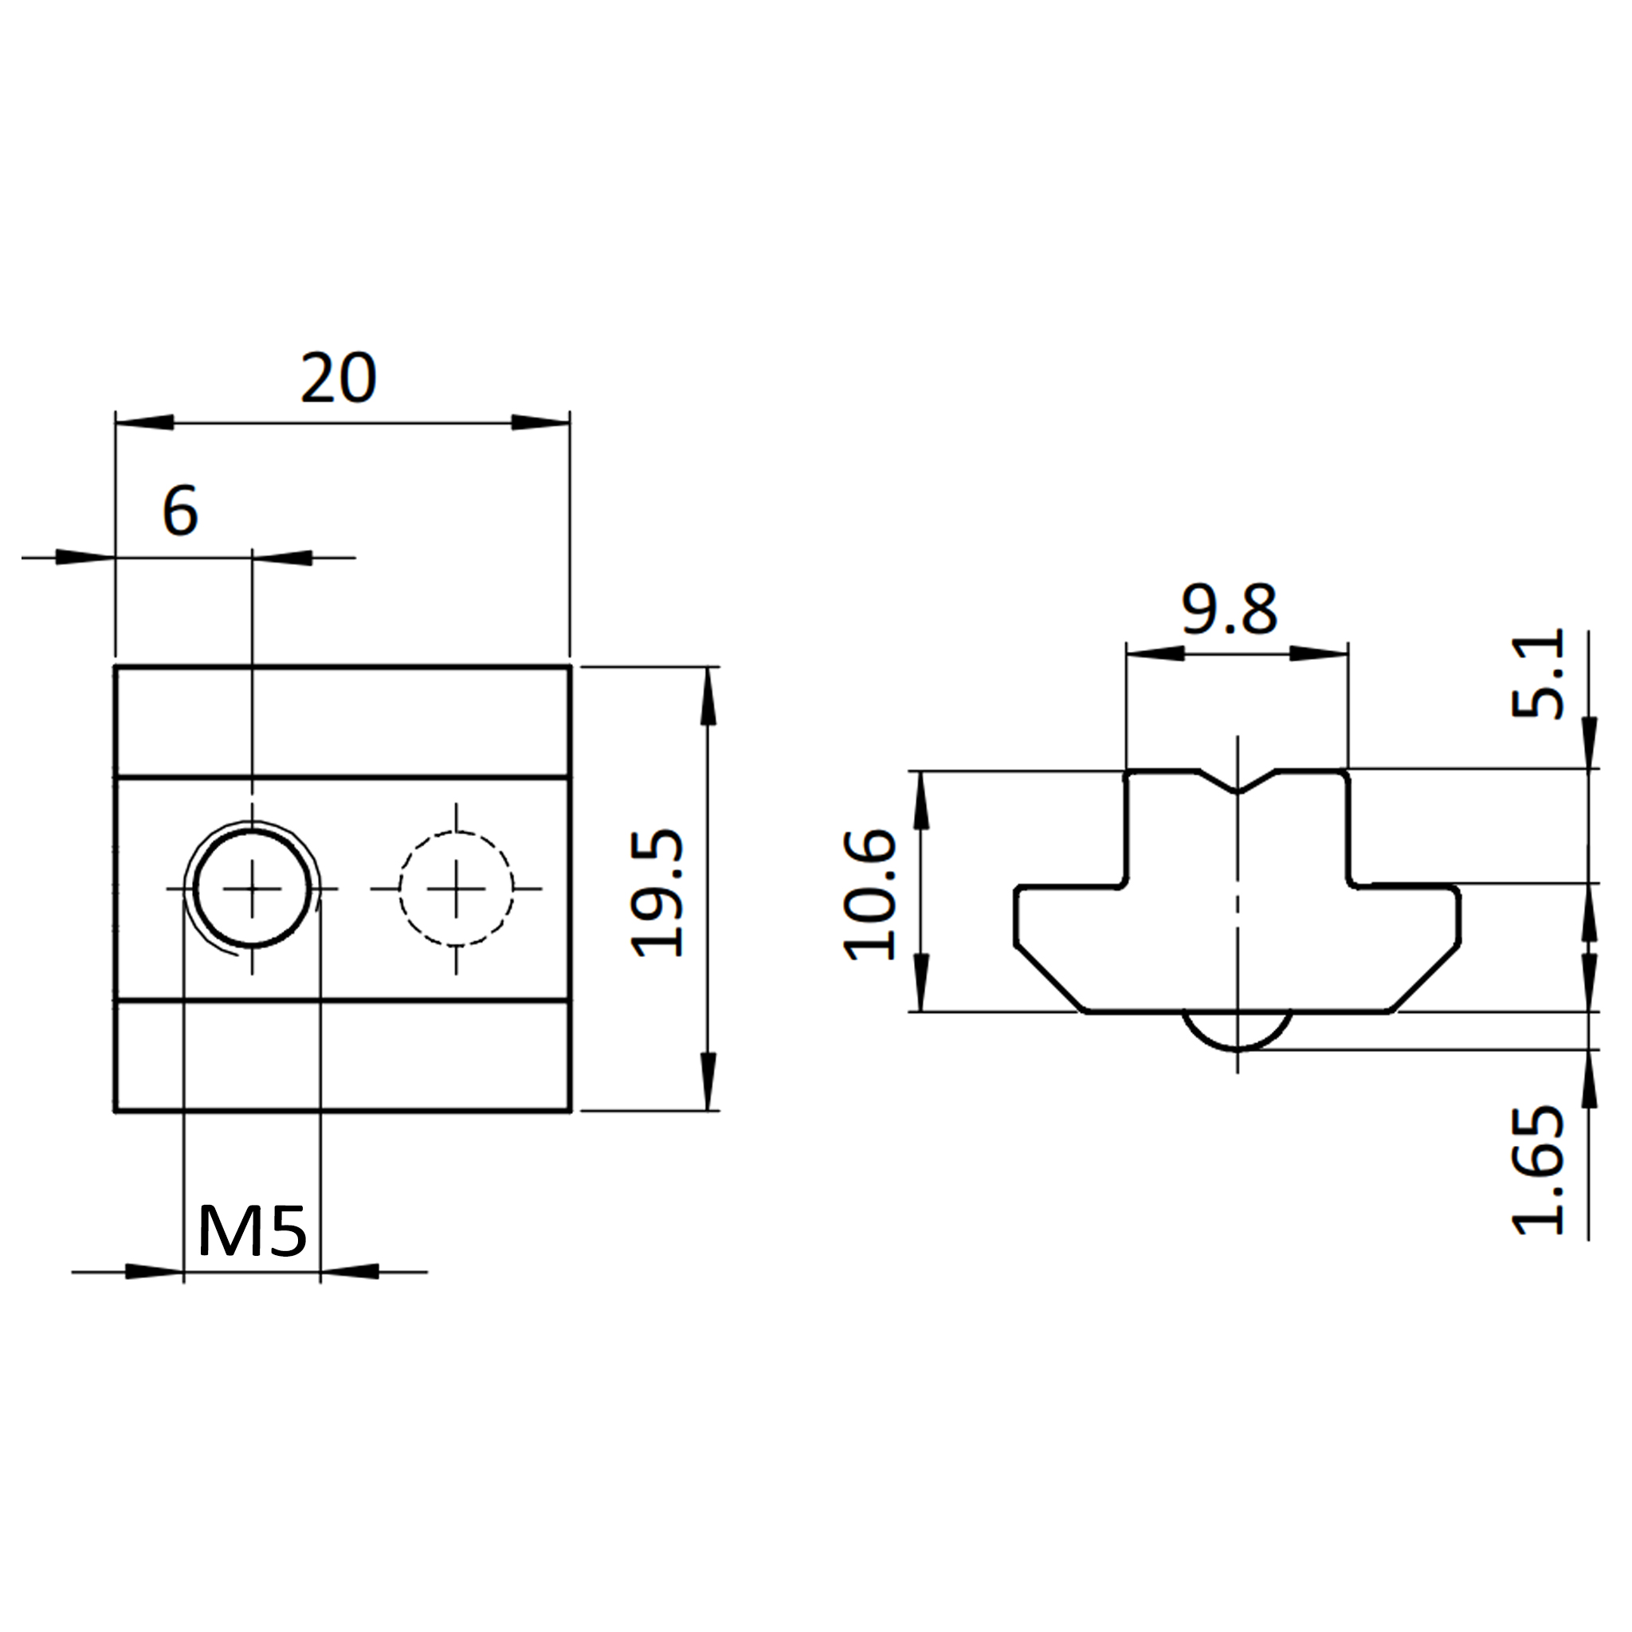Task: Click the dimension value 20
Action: pyautogui.click(x=338, y=379)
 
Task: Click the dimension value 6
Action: pyautogui.click(x=180, y=510)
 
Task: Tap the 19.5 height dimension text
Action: pyautogui.click(x=657, y=892)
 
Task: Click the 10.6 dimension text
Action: pyautogui.click(x=869, y=896)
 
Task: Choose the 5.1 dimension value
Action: pyautogui.click(x=1537, y=673)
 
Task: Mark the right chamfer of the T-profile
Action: pyautogui.click(x=1426, y=980)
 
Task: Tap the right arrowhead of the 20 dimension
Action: pyautogui.click(x=540, y=422)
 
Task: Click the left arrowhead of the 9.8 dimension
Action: pyautogui.click(x=1155, y=653)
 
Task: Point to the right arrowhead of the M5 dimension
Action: pyautogui.click(x=349, y=1271)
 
